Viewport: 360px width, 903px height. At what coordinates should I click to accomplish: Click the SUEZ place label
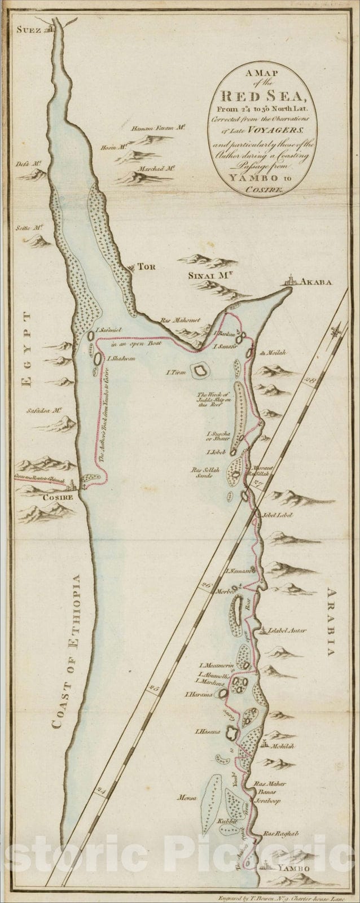click(28, 30)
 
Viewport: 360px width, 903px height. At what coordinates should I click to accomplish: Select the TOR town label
click(147, 266)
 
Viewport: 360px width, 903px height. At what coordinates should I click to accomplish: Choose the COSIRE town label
click(59, 498)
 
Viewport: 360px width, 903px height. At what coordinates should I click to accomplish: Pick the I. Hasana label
click(207, 732)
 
